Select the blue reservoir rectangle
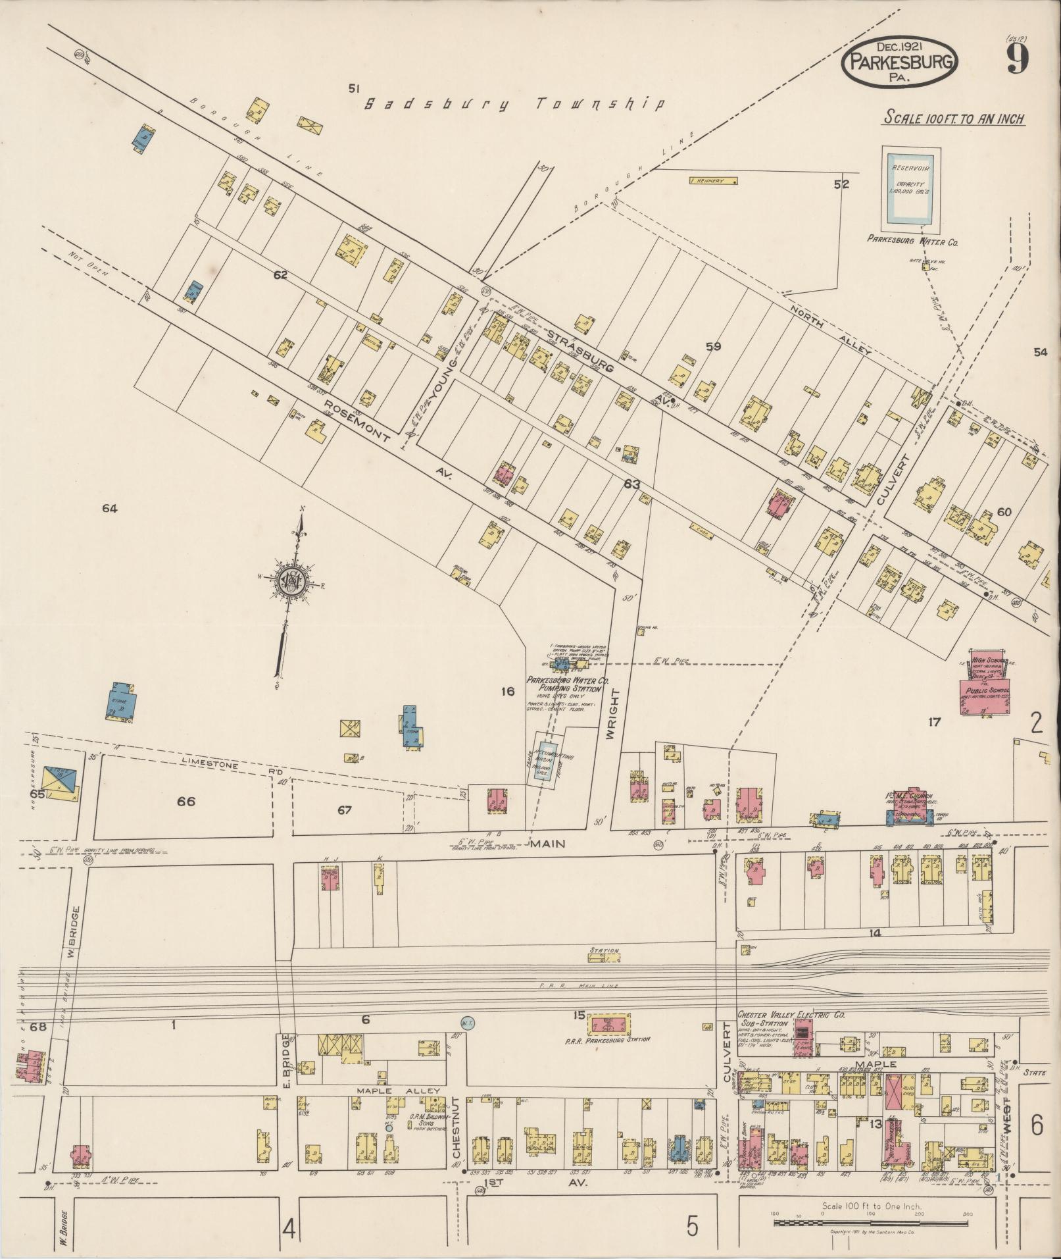tap(910, 189)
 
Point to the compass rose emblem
tap(289, 580)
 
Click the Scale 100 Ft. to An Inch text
tap(954, 118)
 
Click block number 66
tap(185, 802)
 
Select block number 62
tap(280, 274)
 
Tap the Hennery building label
tap(712, 181)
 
